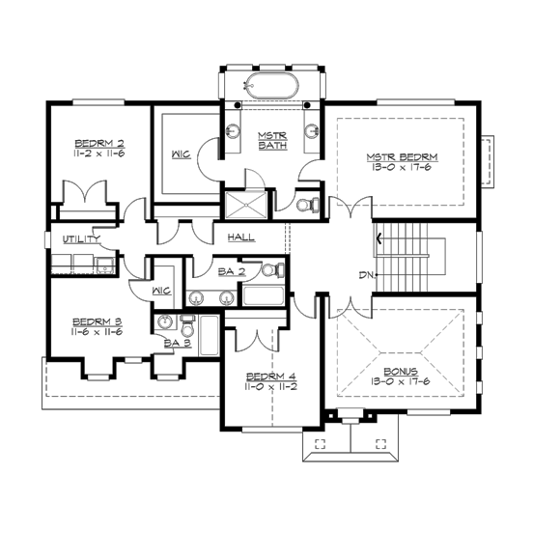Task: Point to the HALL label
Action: [x=240, y=237]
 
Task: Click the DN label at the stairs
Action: [x=366, y=276]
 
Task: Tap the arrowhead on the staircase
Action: [x=379, y=237]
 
